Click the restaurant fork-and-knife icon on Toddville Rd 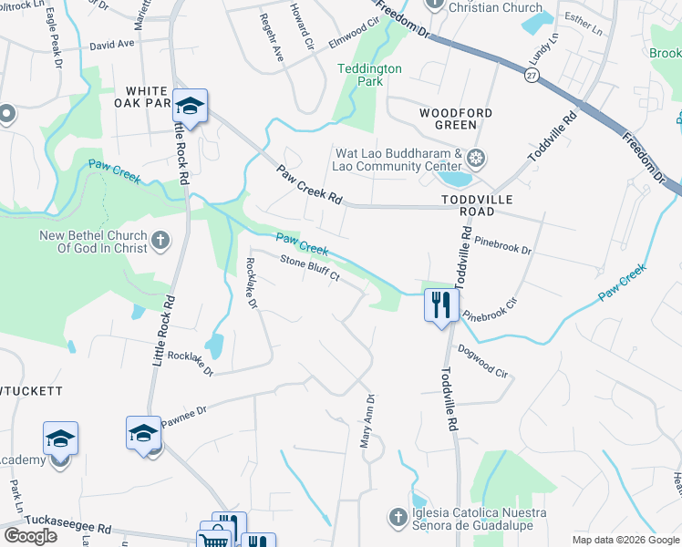[x=439, y=304]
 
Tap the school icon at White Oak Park [x=190, y=108]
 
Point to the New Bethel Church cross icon [x=160, y=242]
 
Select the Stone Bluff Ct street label [x=309, y=270]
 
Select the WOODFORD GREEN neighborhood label [x=455, y=119]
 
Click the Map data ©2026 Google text [x=625, y=540]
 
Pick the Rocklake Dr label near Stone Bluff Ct [x=252, y=284]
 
